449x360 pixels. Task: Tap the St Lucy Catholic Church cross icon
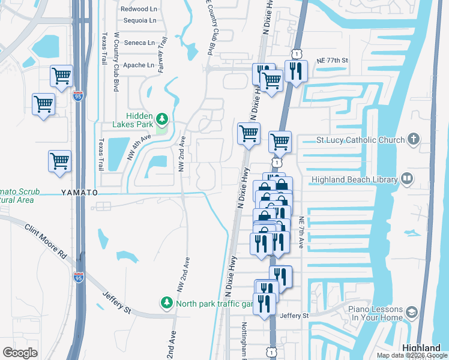click(413, 140)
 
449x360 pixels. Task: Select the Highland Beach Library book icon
click(408, 179)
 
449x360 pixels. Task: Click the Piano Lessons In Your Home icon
click(411, 312)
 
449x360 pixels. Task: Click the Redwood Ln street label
click(138, 9)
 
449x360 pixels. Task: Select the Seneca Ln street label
click(139, 43)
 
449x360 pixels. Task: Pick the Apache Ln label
click(139, 65)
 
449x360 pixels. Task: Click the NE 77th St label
click(330, 61)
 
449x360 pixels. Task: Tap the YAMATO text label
click(79, 193)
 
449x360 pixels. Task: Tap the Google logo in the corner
click(20, 352)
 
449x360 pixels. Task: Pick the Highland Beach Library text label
click(354, 179)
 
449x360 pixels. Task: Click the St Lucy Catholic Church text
click(360, 140)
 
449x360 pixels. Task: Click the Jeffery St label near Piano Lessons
click(294, 316)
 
